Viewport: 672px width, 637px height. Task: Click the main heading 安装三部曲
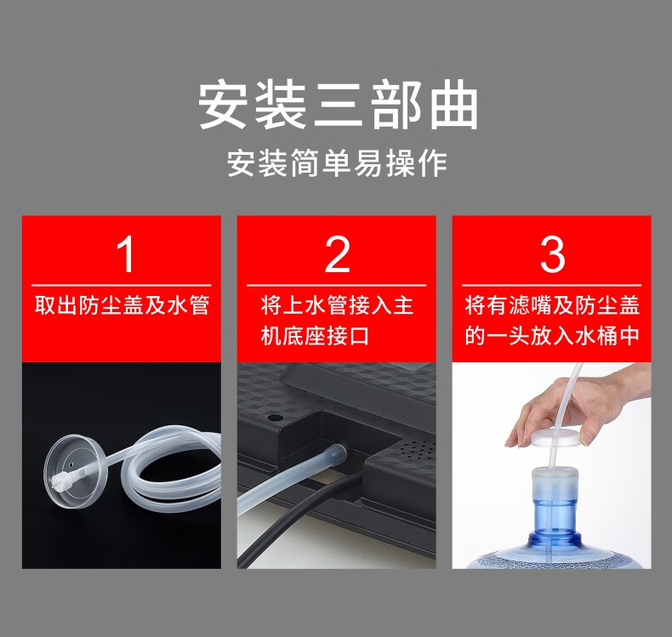pos(338,104)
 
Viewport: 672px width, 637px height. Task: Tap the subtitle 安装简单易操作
pos(337,163)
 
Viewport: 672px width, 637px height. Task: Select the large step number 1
pos(125,254)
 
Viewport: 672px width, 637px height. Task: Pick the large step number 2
pos(338,254)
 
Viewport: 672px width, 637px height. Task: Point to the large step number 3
pos(552,254)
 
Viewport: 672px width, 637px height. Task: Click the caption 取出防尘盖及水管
pos(122,305)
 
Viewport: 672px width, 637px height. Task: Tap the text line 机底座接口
pos(315,335)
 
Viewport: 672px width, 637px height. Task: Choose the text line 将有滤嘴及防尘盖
pos(552,305)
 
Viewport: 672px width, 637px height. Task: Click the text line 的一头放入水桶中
pos(552,335)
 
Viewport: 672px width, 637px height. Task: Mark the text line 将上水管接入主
pos(337,305)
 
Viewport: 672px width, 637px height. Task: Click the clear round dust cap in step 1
pos(70,471)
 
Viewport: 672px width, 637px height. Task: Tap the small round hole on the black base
pos(275,417)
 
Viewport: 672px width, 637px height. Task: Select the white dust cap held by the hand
pos(555,437)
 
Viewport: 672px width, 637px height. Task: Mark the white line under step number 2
pos(337,285)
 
